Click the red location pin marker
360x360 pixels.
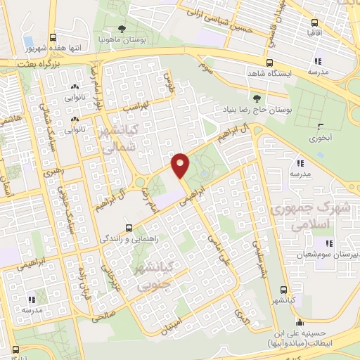tap(181, 165)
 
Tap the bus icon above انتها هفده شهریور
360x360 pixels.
tap(53, 39)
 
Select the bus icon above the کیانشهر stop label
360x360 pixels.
tap(283, 290)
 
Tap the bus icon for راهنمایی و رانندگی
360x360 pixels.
tap(128, 228)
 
